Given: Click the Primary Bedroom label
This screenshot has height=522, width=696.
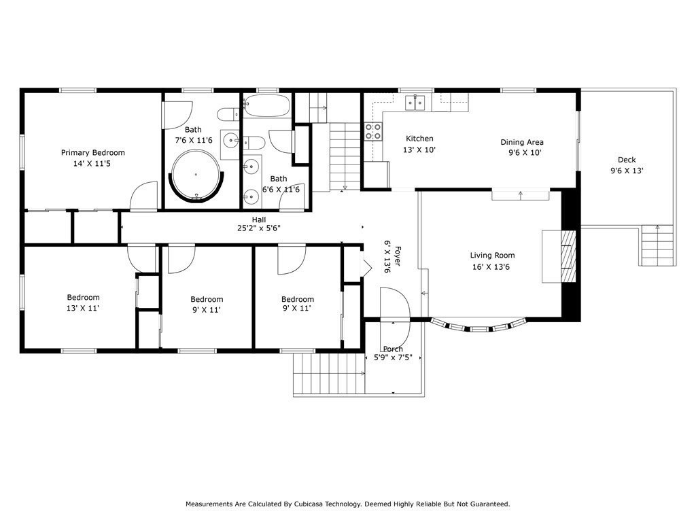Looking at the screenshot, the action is click(92, 153).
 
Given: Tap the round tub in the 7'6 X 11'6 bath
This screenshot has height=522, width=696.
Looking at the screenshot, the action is click(196, 175).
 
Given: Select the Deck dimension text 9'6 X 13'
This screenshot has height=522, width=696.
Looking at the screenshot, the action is click(627, 171).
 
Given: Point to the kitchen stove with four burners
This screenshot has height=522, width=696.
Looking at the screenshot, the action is click(373, 131).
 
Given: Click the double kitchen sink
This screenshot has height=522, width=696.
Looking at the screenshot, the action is click(415, 103).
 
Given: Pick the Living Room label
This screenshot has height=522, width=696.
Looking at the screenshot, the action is click(492, 256).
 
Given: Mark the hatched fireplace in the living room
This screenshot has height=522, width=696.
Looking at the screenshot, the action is click(568, 256).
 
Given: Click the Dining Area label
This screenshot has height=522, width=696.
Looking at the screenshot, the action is click(522, 142).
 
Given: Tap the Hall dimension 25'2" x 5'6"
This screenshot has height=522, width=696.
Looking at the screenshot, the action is click(259, 228).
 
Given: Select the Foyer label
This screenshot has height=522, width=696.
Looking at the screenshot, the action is click(397, 256).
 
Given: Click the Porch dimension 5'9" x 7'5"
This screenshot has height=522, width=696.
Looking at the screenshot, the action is click(394, 358).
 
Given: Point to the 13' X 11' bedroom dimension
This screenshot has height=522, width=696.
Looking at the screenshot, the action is click(82, 308).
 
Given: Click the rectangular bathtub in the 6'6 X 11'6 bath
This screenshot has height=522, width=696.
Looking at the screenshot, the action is click(266, 105).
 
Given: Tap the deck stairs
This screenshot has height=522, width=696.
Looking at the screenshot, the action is click(657, 245).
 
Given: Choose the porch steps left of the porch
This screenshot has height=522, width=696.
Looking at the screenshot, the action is click(329, 373).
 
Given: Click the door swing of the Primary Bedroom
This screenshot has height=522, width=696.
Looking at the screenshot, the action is click(144, 195).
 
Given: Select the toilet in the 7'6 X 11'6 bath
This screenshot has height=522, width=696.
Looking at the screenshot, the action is click(228, 114).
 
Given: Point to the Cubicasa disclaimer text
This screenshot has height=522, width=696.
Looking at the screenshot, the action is click(347, 504).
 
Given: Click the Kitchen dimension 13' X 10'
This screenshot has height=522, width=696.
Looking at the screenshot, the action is click(419, 150).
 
